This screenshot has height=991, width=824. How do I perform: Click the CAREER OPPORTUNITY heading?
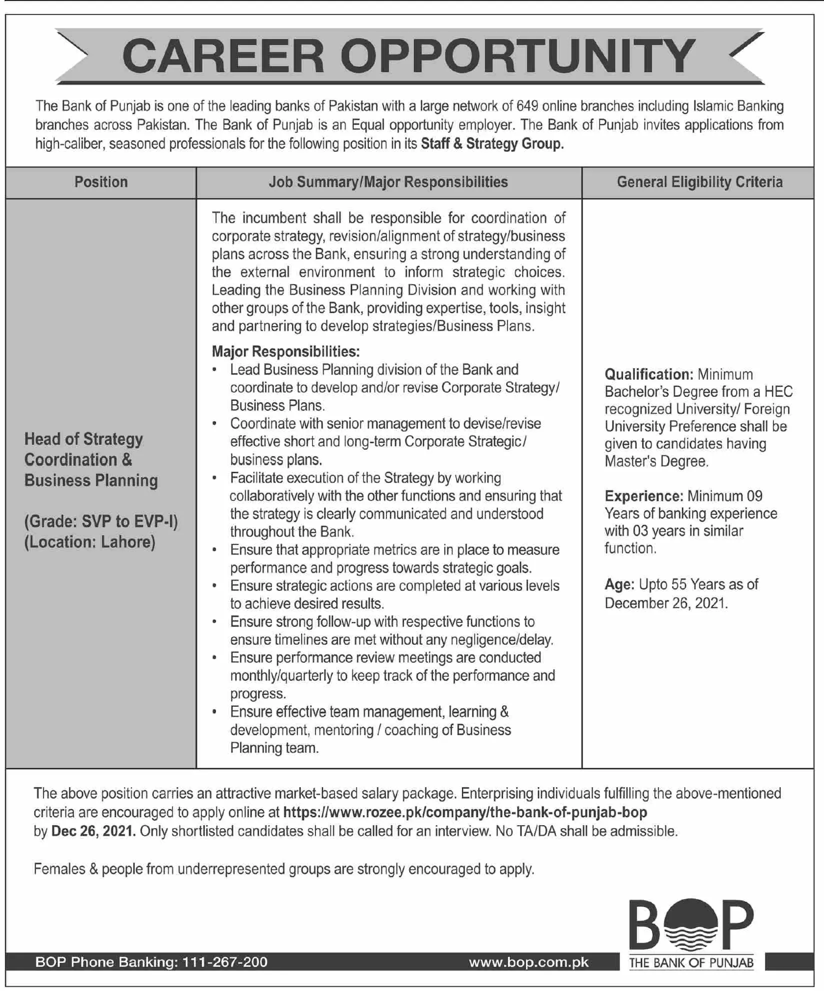[408, 56]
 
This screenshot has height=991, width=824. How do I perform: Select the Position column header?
[101, 182]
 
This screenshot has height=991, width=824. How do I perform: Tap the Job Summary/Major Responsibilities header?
[388, 182]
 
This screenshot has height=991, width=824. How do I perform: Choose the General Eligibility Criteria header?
[699, 182]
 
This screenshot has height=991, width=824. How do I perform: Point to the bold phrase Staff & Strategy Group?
[492, 144]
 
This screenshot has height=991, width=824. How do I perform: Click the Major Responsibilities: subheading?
[285, 352]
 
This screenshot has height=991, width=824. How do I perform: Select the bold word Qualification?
[648, 375]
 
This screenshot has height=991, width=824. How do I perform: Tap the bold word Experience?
[643, 496]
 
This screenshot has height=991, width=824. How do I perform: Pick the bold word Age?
[619, 584]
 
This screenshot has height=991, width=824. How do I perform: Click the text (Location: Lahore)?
[90, 542]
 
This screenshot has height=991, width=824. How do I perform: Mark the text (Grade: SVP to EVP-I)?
[101, 521]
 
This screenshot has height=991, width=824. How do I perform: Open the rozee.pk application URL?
[465, 812]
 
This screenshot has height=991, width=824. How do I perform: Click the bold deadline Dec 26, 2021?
[93, 831]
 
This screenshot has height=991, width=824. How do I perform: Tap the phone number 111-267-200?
[225, 963]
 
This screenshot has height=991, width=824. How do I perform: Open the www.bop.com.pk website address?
[528, 963]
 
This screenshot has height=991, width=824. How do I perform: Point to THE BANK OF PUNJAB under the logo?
[691, 963]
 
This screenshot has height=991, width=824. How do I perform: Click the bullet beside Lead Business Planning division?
[214, 370]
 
